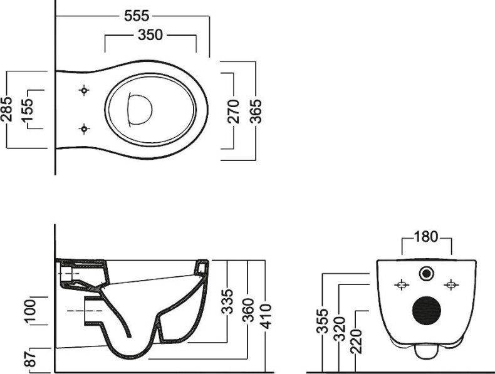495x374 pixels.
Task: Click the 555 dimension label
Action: pos(137,16)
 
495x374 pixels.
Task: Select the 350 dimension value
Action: pos(150,34)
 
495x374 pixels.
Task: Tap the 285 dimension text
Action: pos(7,109)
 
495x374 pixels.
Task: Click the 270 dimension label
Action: pos(234,111)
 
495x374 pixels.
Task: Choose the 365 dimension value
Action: pos(256,111)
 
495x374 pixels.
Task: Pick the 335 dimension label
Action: pos(227,301)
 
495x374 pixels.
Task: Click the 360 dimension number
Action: pos(249,310)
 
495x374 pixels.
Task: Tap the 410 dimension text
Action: pos(266,316)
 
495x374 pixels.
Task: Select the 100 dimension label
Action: pos(30,311)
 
